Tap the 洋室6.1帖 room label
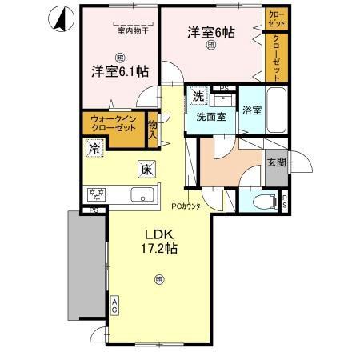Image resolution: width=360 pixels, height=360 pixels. [x=118, y=71]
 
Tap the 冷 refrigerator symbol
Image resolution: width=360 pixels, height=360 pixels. [x=95, y=148]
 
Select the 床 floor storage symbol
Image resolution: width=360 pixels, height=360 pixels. [x=146, y=170]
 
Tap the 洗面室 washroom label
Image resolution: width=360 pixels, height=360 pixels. [x=211, y=116]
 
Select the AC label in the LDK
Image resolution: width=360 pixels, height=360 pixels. [x=114, y=304]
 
